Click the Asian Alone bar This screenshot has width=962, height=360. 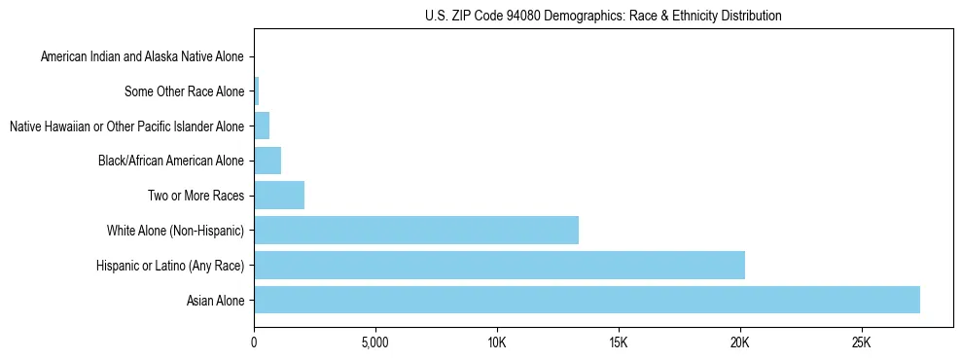click(587, 300)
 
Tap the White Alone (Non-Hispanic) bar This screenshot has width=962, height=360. click(416, 231)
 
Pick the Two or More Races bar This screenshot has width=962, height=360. click(279, 196)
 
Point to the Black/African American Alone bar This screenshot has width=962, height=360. click(267, 161)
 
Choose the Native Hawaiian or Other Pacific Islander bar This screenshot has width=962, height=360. click(262, 126)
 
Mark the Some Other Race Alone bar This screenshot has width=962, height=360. click(257, 91)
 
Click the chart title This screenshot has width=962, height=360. click(603, 16)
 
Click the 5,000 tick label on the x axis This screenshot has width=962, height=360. click(375, 342)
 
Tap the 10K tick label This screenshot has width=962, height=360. click(497, 342)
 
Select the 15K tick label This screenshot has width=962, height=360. click(619, 342)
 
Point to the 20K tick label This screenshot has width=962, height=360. click(740, 342)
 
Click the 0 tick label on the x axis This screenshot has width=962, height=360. click(254, 342)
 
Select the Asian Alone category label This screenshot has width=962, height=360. click(215, 301)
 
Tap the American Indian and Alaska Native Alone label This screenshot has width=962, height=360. click(142, 57)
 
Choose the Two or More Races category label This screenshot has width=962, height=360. click(196, 197)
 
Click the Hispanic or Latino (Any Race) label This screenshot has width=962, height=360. click(170, 266)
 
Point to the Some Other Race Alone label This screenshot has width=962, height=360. click(184, 92)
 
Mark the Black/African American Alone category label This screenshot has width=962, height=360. click(171, 162)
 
